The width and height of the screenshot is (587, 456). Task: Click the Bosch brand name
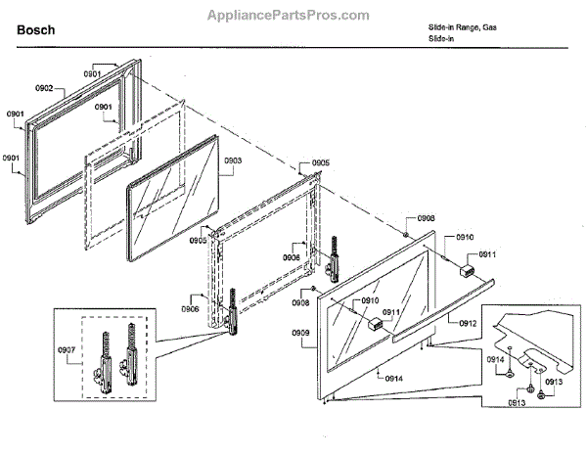(36, 30)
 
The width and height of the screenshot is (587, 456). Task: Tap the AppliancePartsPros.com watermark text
(290, 15)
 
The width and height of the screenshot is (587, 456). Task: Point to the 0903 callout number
(233, 159)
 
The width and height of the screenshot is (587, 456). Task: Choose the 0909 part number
(301, 334)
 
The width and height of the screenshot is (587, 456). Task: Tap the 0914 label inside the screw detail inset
(495, 360)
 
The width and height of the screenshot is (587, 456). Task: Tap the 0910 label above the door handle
(464, 238)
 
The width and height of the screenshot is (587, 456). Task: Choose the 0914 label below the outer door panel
(393, 378)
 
